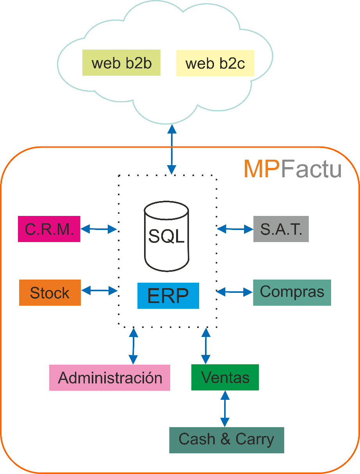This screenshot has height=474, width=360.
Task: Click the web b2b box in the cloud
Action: click(121, 63)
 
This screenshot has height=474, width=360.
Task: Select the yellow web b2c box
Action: click(215, 63)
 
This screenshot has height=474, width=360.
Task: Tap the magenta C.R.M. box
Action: click(49, 229)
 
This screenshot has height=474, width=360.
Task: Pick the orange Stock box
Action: click(50, 292)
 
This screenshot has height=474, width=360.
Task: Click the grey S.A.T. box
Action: click(281, 229)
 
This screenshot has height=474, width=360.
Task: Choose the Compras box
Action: click(292, 292)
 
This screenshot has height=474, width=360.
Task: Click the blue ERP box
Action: click(168, 296)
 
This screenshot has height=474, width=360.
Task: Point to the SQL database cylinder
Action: click(166, 236)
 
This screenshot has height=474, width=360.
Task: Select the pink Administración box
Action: click(110, 378)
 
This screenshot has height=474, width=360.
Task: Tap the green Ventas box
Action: click(225, 377)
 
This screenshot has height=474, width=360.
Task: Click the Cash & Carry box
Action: click(226, 440)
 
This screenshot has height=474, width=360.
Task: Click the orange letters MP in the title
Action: click(262, 169)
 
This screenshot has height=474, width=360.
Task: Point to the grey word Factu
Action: click(311, 169)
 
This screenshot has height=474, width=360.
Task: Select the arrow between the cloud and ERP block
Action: click(171, 150)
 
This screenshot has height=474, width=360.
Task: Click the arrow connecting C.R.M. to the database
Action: click(99, 229)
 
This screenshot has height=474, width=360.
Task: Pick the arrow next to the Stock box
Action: click(100, 290)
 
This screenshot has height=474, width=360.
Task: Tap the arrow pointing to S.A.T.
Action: click(235, 229)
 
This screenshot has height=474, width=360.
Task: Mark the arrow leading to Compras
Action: click(235, 291)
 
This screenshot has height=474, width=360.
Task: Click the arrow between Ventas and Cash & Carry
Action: click(225, 408)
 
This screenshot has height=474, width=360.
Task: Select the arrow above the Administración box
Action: click(134, 346)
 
